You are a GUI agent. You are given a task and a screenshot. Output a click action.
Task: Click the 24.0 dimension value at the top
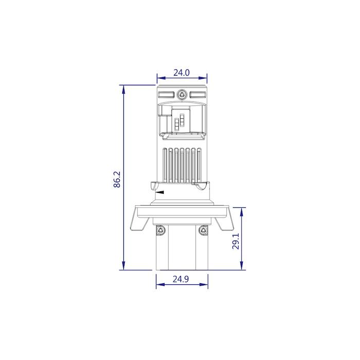tap(182, 73)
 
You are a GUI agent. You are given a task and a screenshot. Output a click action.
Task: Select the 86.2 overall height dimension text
tap(117, 179)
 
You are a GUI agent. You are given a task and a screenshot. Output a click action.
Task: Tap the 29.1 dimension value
tap(236, 241)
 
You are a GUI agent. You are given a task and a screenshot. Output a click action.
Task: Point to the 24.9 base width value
tap(181, 279)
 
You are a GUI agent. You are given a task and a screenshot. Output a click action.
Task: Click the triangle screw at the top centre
tap(182, 94)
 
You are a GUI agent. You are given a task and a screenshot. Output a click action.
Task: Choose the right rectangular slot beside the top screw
tap(197, 94)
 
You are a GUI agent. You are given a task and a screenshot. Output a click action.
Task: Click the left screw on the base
tap(160, 230)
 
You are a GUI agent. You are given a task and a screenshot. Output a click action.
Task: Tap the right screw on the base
tap(203, 230)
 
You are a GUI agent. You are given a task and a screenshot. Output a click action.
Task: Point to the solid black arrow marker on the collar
tap(160, 192)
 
